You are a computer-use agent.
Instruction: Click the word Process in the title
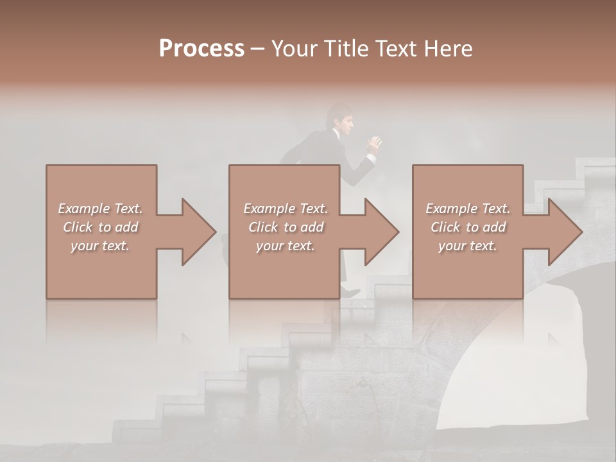[x=201, y=48]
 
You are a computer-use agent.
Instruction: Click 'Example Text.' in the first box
[x=101, y=209]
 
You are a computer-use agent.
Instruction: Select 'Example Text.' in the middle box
[x=286, y=209]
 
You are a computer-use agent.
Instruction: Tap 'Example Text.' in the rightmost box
[x=468, y=209]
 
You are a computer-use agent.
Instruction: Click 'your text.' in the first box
[x=101, y=246]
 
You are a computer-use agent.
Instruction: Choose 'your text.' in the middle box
[x=286, y=246]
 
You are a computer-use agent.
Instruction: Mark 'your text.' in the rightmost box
[x=468, y=246]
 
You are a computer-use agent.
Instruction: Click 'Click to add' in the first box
[x=101, y=227]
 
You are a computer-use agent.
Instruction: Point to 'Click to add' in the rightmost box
[x=468, y=227]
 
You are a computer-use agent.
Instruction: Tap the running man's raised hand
[x=374, y=143]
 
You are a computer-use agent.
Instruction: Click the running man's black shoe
[x=351, y=292]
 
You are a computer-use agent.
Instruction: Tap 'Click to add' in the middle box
[x=286, y=227]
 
